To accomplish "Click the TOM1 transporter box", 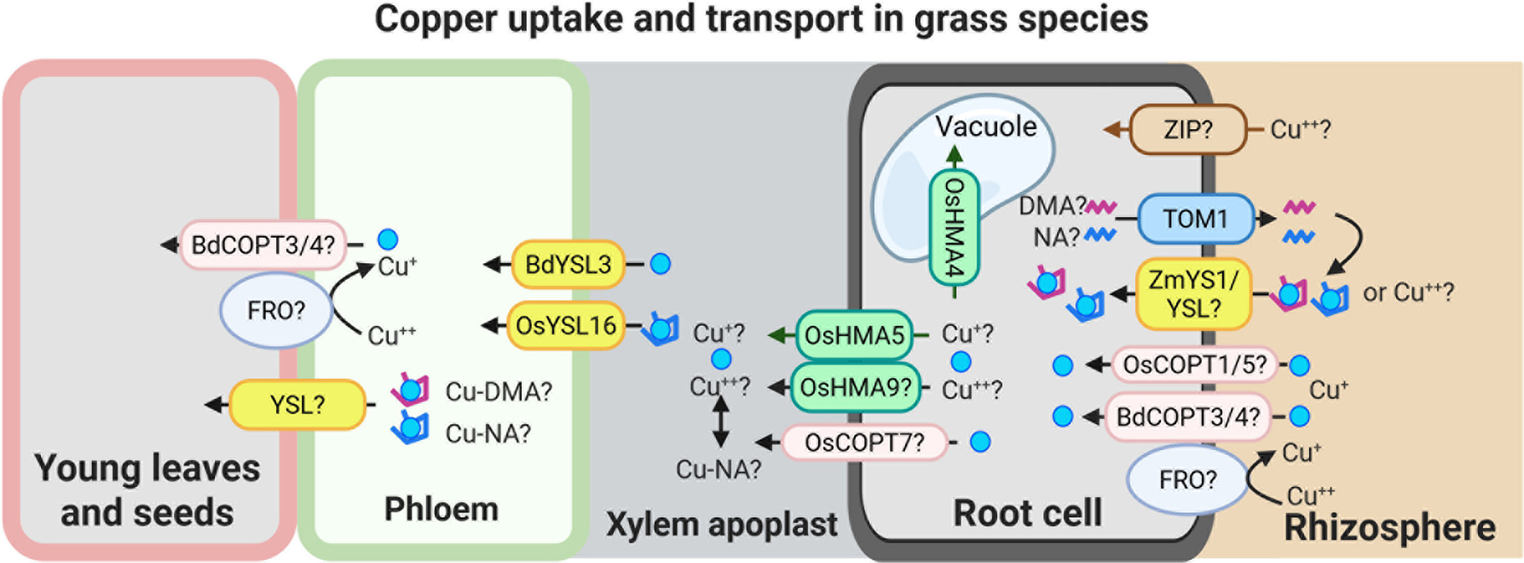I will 1195,219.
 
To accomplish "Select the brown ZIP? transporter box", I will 1188,129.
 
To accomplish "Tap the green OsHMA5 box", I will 855,335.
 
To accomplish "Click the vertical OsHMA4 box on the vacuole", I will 954,227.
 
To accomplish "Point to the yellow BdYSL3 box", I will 568,264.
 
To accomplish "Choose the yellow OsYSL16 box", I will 565,326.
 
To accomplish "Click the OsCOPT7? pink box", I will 864,443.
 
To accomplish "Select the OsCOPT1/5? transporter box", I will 1195,365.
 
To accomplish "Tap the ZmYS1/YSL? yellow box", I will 1193,294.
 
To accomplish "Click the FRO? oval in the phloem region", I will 276,310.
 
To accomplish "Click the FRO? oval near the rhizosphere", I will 1187,480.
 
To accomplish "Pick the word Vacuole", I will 986,126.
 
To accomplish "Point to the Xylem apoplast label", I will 721,524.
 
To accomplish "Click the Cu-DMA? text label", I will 498,391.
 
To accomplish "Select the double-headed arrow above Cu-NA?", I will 721,422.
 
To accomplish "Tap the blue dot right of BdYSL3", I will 660,264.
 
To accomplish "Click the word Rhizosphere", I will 1389,527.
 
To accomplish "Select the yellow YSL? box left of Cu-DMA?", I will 297,405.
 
